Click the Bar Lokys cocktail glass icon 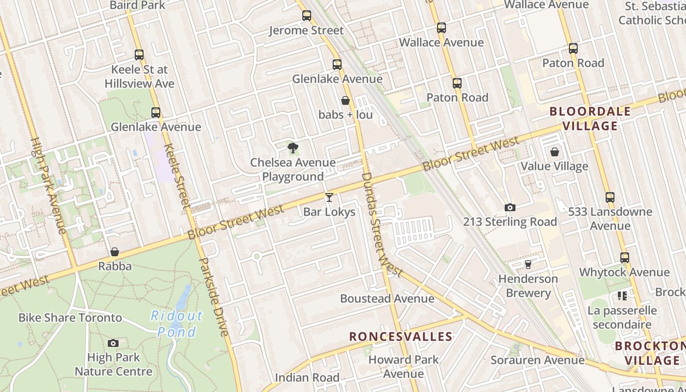tap(329, 197)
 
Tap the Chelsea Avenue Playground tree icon tap(293, 147)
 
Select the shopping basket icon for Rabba tap(115, 252)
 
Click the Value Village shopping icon tap(555, 152)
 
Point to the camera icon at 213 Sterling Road tap(510, 207)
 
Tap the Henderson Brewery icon tap(528, 265)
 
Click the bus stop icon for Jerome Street tap(307, 16)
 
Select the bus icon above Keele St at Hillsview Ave tap(139, 55)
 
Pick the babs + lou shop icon tap(345, 100)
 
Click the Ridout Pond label tap(176, 324)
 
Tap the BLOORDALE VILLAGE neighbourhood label tap(590, 119)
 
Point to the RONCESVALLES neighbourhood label tap(400, 337)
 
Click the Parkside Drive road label tap(215, 297)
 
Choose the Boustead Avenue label tap(387, 298)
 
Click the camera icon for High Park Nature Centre tap(113, 343)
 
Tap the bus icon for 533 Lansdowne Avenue tap(610, 197)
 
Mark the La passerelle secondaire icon tap(622, 296)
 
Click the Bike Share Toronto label tap(70, 318)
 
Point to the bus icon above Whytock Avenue tap(625, 258)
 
